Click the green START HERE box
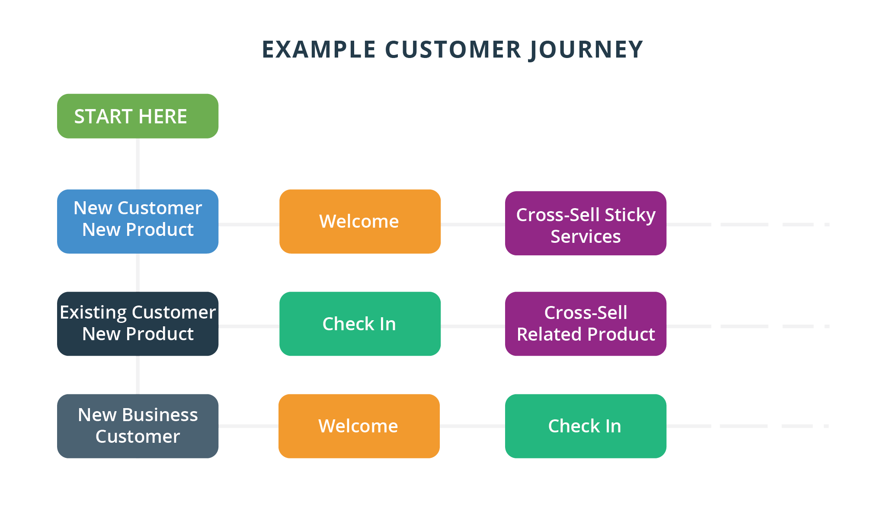(138, 116)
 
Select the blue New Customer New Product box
(138, 221)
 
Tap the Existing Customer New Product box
(138, 324)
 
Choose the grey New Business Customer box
(138, 426)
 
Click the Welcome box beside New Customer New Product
(360, 221)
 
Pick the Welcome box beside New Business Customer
(359, 426)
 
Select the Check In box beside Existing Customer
(360, 324)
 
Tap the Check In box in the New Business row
(586, 426)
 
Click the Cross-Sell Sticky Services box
(586, 223)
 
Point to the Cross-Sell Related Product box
(586, 324)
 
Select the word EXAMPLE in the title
(319, 49)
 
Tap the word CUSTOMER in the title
(453, 49)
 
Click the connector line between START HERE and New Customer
(138, 164)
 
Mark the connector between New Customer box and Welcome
(249, 225)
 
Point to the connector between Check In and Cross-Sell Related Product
(473, 326)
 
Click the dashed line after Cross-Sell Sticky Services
(748, 225)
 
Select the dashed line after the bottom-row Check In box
(747, 426)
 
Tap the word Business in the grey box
(160, 415)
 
